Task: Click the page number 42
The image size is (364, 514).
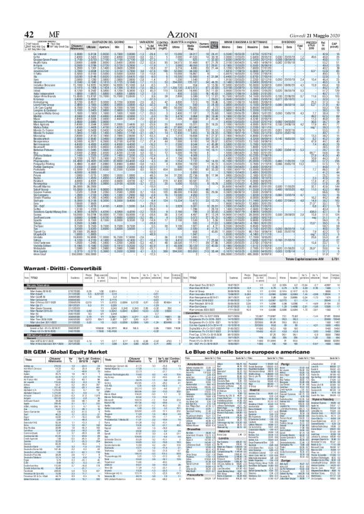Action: coord(11,16)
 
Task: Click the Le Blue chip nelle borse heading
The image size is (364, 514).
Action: coord(251,335)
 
